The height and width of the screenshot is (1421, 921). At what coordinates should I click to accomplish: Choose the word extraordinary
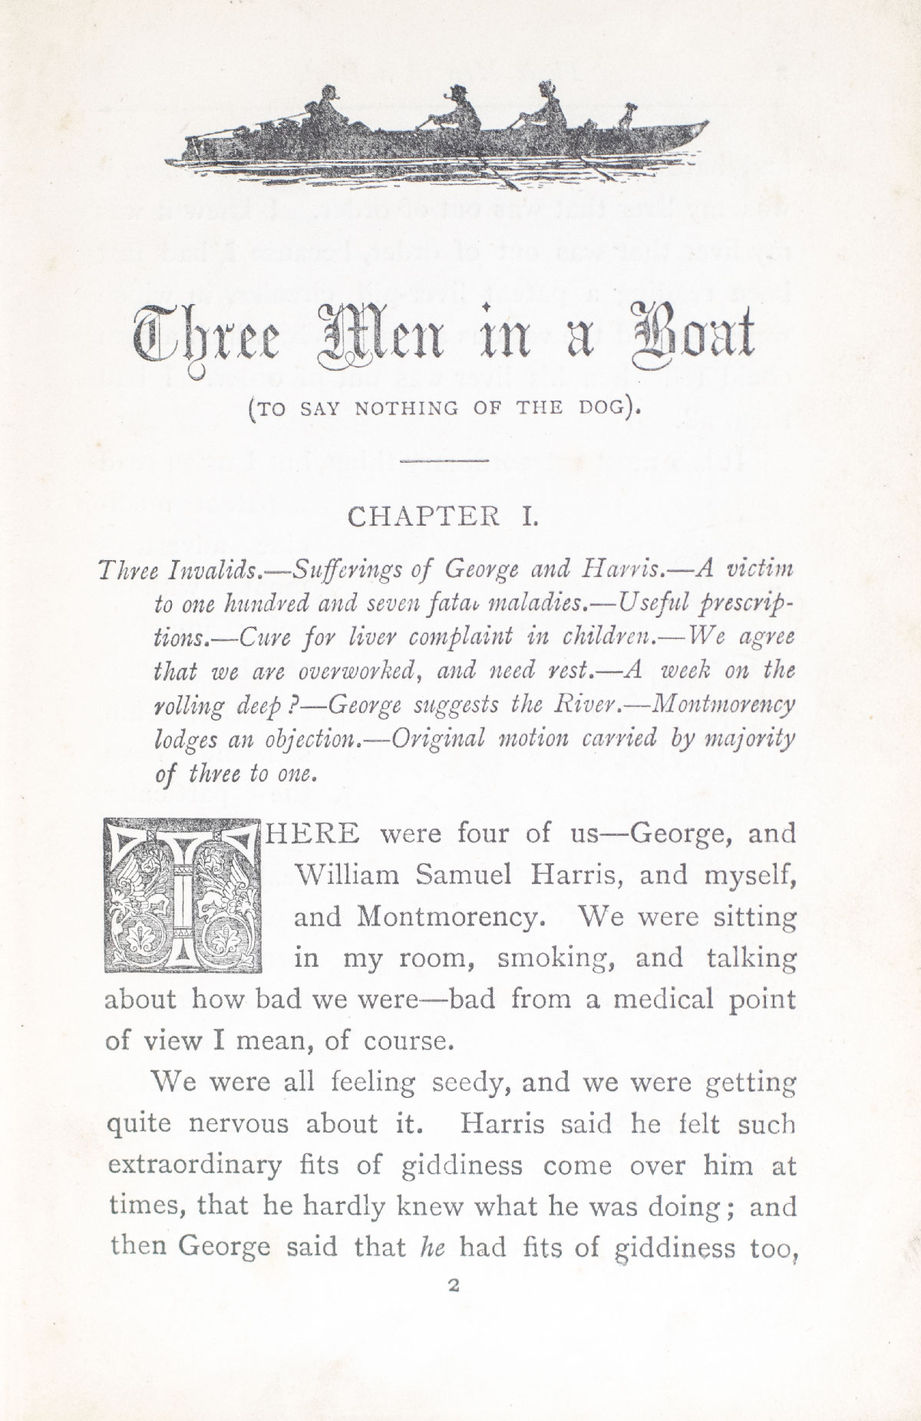point(196,1165)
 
